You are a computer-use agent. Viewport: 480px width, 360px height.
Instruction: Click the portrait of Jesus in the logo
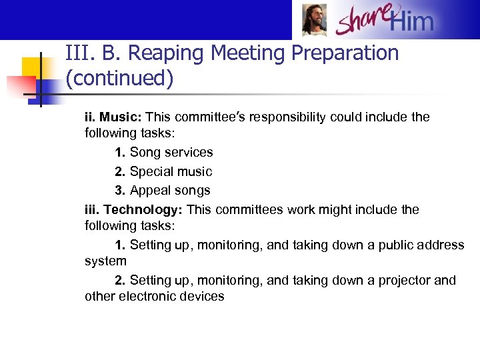click(x=313, y=20)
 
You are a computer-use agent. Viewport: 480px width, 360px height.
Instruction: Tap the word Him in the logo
click(x=411, y=22)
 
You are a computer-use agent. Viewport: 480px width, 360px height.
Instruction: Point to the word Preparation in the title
click(x=341, y=53)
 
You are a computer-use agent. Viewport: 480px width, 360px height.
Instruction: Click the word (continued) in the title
click(x=119, y=79)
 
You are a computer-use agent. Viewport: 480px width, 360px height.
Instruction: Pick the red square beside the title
click(x=19, y=86)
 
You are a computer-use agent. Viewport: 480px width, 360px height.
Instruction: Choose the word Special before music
click(x=152, y=171)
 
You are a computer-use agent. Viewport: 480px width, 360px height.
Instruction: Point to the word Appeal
click(x=150, y=191)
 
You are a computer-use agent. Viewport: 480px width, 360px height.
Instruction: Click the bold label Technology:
click(x=143, y=210)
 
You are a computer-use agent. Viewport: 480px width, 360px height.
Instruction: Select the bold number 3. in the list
click(x=120, y=191)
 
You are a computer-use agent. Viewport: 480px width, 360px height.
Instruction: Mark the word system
click(x=105, y=261)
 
